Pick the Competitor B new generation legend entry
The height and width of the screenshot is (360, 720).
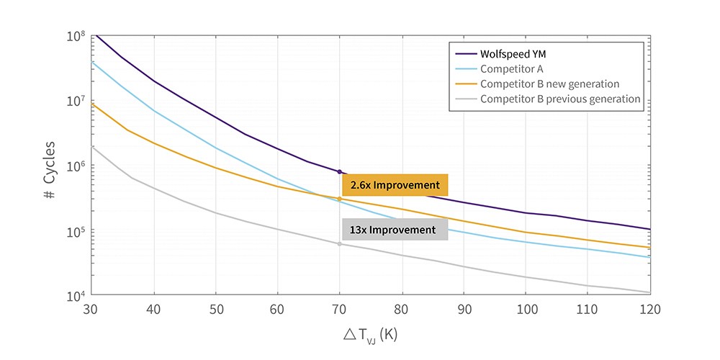[549, 84]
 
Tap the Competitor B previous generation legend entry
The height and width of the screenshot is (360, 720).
[560, 99]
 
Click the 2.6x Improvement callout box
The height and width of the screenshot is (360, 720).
[395, 185]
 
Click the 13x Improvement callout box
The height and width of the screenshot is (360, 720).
[395, 230]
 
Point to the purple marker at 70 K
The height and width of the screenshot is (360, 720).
[340, 171]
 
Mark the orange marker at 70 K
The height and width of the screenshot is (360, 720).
[340, 199]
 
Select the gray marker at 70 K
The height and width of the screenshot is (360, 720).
[340, 244]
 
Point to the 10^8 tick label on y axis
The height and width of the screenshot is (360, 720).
[76, 36]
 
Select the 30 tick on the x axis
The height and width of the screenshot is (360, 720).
[91, 309]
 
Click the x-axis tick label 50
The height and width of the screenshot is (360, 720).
[215, 309]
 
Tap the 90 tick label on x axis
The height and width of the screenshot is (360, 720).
[464, 309]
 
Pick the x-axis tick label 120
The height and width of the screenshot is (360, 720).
[649, 309]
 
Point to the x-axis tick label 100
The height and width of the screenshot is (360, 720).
[526, 309]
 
